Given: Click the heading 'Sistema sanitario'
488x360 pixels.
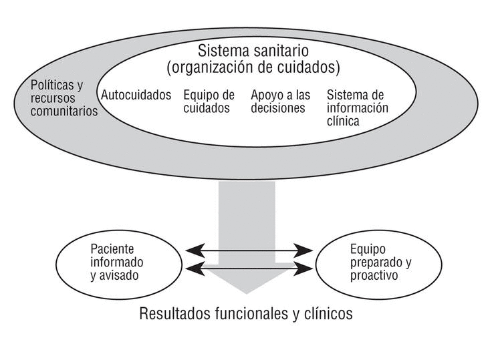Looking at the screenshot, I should [x=253, y=51].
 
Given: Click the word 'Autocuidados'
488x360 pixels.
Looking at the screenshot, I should [x=136, y=95].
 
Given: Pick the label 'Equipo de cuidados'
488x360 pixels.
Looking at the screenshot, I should [x=209, y=102].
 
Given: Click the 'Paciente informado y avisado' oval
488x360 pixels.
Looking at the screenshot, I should [x=110, y=261].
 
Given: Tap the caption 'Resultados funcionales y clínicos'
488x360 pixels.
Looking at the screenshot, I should [x=245, y=313].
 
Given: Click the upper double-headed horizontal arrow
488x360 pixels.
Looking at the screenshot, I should [x=249, y=251].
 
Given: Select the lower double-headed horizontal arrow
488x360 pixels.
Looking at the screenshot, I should [x=249, y=269].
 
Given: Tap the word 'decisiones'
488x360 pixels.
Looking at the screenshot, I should [x=277, y=108].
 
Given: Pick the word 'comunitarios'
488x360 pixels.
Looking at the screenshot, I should [x=64, y=112].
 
